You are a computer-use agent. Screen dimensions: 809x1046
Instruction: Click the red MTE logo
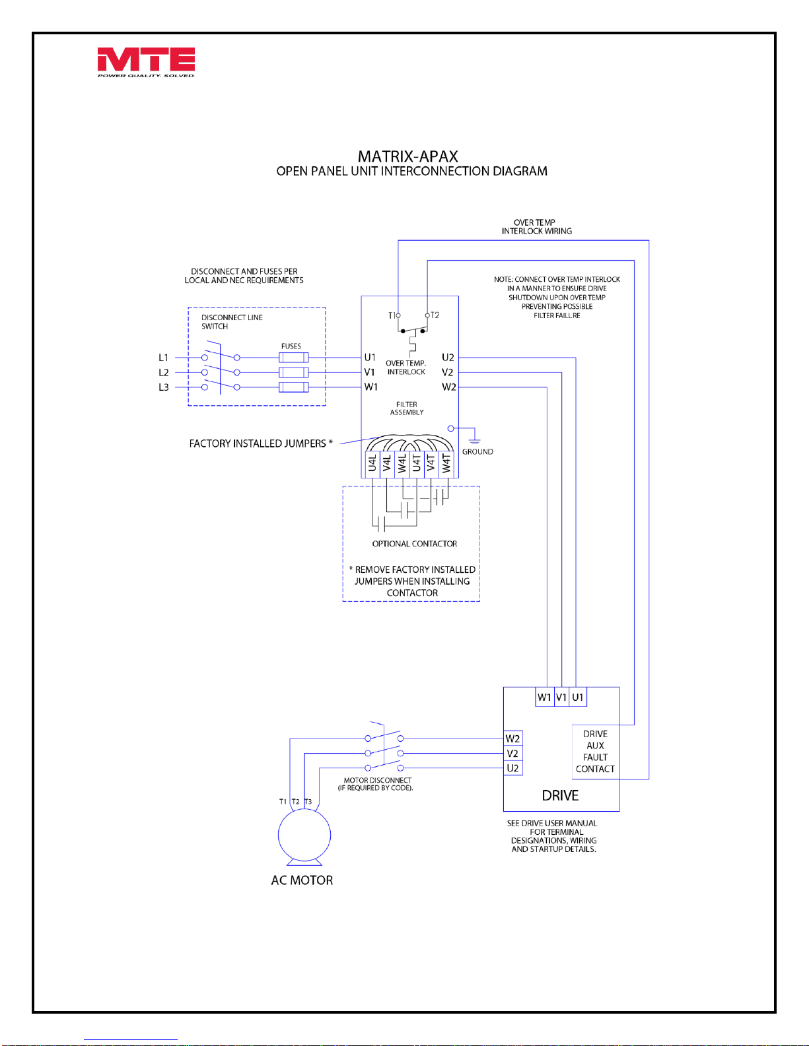click(x=146, y=62)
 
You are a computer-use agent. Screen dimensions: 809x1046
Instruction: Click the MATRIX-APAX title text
click(x=408, y=156)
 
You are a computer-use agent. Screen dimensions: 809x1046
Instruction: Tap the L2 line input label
click(x=164, y=373)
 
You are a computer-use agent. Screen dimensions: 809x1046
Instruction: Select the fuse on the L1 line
click(x=294, y=358)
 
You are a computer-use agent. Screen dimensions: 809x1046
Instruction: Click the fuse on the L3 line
click(x=294, y=387)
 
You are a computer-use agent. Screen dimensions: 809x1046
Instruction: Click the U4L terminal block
click(x=372, y=463)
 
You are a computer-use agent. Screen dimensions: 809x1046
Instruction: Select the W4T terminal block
click(x=446, y=463)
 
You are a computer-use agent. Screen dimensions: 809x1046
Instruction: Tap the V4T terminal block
click(x=431, y=463)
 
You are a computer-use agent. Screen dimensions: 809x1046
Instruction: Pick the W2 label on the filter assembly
click(x=449, y=387)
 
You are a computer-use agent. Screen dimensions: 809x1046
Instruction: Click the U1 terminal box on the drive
click(x=578, y=697)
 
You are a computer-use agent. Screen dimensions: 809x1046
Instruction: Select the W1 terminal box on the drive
click(x=545, y=697)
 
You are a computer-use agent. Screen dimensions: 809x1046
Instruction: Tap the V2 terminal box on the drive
click(x=513, y=754)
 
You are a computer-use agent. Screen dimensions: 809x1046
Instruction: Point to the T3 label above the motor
click(x=308, y=801)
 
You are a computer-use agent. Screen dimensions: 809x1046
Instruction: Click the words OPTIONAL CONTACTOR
click(x=415, y=543)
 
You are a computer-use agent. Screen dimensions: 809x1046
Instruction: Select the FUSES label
click(x=291, y=346)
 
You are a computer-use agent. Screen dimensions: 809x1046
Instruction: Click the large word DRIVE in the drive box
click(x=560, y=795)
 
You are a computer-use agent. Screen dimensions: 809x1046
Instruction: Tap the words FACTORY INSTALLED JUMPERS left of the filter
click(x=258, y=443)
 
